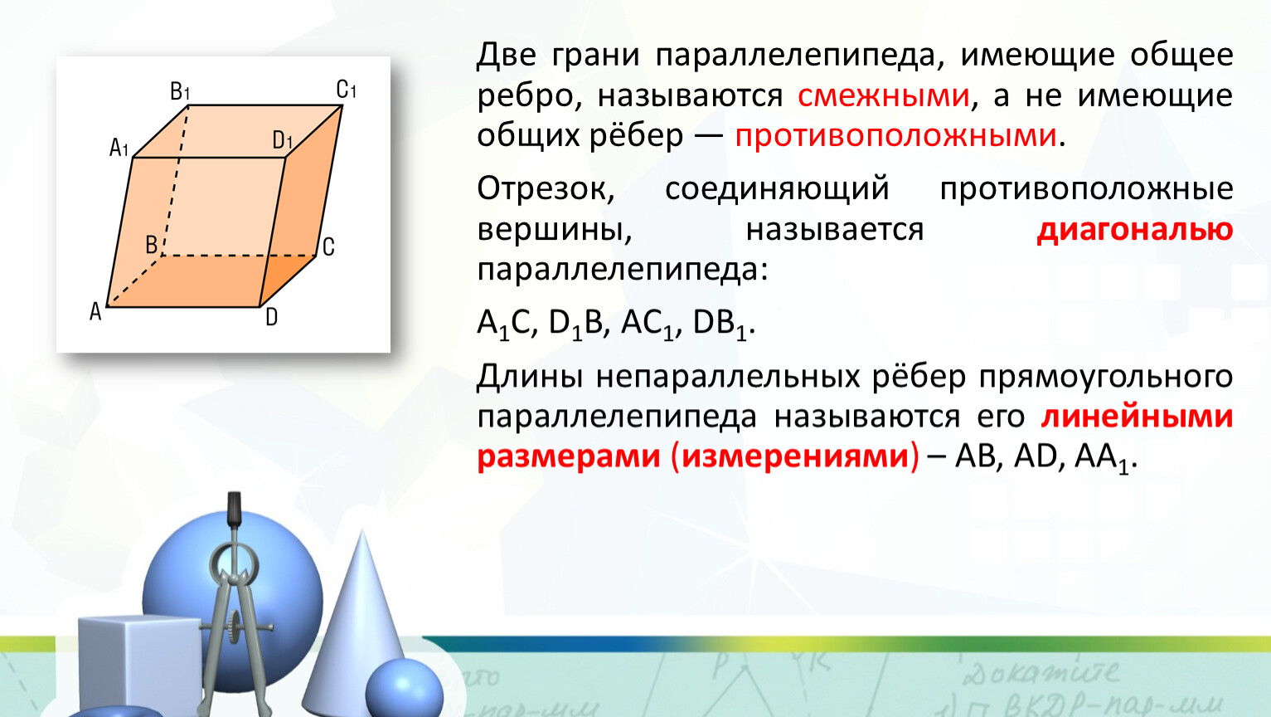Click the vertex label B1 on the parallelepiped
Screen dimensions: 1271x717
click(x=180, y=91)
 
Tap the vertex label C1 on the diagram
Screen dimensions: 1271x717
click(x=346, y=89)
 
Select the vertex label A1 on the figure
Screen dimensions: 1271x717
click(x=119, y=147)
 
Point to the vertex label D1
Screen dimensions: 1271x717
click(x=282, y=139)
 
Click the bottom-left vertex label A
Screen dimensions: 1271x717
click(x=95, y=312)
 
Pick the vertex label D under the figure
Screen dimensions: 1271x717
click(x=272, y=317)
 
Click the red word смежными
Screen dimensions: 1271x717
click(x=884, y=95)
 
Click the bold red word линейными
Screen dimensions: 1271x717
click(x=1137, y=416)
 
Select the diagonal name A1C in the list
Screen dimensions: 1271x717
click(x=504, y=324)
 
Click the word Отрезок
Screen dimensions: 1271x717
click(x=546, y=188)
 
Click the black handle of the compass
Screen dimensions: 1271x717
click(x=234, y=509)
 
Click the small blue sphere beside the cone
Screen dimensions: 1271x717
click(x=404, y=689)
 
